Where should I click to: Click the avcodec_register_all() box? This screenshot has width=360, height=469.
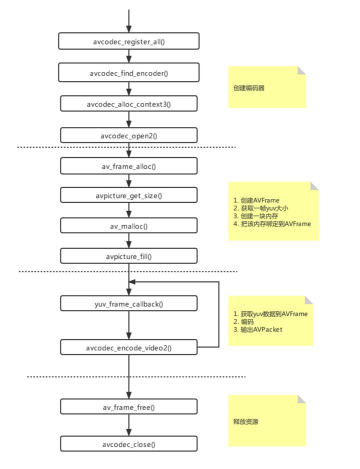pos(129,41)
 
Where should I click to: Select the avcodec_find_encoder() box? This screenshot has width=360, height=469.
pos(129,72)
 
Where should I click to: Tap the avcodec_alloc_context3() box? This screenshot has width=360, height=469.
pos(129,104)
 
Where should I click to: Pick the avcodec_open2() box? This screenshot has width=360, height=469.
pos(129,135)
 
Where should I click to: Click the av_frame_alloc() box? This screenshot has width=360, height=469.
pos(129,166)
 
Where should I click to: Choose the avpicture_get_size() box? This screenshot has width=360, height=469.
pos(129,196)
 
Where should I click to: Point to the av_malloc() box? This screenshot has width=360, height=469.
pos(129,226)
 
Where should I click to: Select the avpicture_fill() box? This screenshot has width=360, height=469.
pos(129,256)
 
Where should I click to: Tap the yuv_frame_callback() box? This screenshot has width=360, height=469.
pos(129,303)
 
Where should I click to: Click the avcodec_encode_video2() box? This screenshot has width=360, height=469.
pos(129,347)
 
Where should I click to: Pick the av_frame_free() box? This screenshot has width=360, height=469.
pos(129,407)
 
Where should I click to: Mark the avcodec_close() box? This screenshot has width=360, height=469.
pos(129,444)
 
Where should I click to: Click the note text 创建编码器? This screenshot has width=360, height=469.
pos(248,88)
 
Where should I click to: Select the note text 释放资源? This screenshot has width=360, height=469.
pos(245,422)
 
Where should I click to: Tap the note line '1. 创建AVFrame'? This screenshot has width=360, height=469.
pos(256,200)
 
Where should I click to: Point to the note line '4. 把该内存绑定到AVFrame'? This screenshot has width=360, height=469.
pos(272,224)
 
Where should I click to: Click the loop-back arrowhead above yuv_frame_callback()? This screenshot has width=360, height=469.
pos(132,282)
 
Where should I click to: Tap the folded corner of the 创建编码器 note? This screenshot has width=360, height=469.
pos(301,70)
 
